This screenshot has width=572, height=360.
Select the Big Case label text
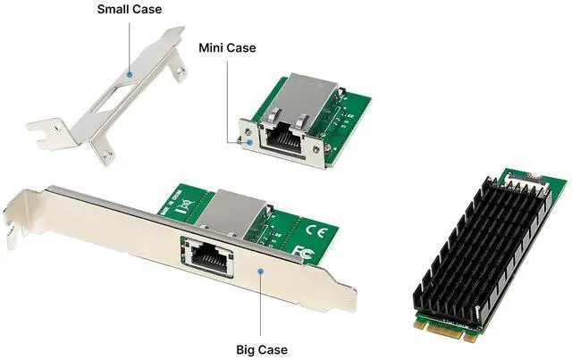tap(261, 348)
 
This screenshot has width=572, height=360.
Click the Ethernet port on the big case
tap(207, 255)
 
